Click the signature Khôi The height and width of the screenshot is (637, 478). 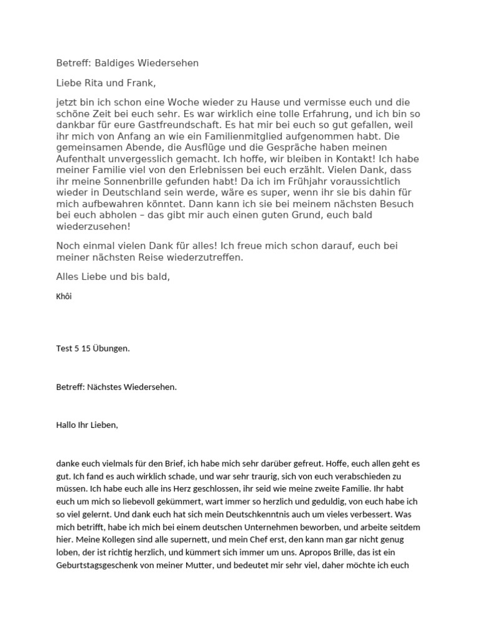64,296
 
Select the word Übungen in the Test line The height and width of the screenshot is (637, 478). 113,348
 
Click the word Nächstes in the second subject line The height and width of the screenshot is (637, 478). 105,387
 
